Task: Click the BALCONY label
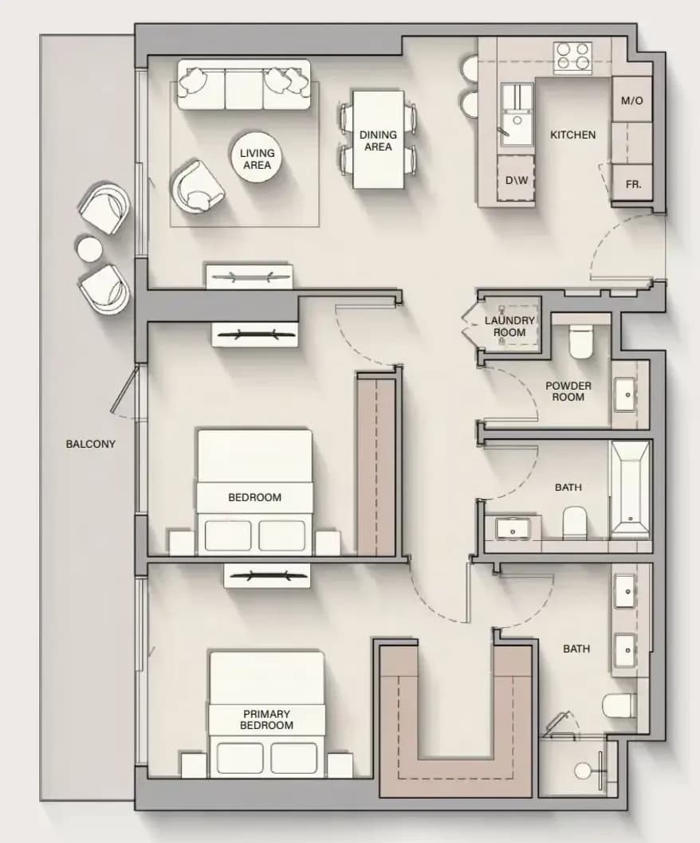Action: coord(90,444)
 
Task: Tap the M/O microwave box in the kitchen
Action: coord(631,100)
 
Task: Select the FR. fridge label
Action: coord(633,184)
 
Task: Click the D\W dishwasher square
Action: coord(516,179)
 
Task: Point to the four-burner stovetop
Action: coord(572,57)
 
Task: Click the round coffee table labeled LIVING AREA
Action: coord(258,158)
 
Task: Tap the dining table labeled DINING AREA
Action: coord(378,139)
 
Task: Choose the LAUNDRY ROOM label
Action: coord(509,327)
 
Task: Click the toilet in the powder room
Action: coord(580,339)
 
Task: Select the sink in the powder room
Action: coord(627,394)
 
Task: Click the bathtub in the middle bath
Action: coord(630,490)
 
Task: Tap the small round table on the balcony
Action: coord(89,249)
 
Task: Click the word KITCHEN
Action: coord(572,135)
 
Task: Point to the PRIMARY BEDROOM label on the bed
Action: coord(266,719)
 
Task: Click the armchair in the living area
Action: coord(197,186)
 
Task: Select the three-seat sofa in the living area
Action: coord(244,85)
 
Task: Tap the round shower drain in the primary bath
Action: coord(583,770)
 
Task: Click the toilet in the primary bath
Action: coord(619,706)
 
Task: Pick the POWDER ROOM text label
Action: coord(568,391)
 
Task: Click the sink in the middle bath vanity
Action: coord(512,528)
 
